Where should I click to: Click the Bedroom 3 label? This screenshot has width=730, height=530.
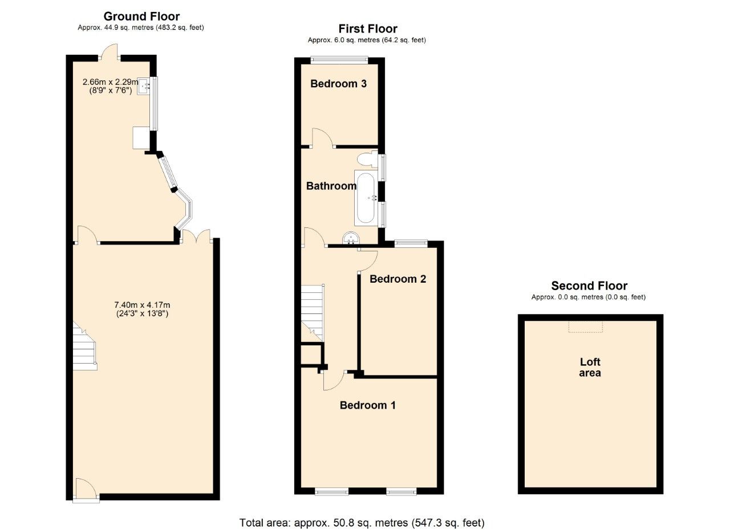tap(338, 84)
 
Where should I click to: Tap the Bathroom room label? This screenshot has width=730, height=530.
tap(331, 186)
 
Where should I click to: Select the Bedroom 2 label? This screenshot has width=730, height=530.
tap(398, 279)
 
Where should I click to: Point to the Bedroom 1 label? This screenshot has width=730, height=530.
tap(367, 405)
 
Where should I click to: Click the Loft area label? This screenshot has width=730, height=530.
tap(590, 368)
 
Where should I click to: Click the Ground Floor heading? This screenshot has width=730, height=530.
tap(141, 17)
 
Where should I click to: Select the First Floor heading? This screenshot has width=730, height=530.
tap(367, 28)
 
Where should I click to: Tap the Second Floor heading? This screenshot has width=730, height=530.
tap(589, 286)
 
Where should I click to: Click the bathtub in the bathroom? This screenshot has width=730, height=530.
tap(365, 197)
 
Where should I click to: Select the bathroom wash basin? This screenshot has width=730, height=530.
tap(350, 238)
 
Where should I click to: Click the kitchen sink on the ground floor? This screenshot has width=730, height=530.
tap(144, 87)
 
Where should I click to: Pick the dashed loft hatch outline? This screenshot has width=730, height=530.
tap(585, 326)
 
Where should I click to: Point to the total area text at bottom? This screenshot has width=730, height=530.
tap(362, 522)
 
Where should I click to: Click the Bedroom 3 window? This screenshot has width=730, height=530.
tap(339, 58)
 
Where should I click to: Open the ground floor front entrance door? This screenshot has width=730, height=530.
tap(86, 490)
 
